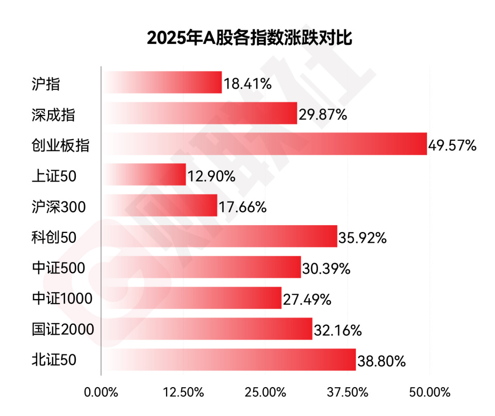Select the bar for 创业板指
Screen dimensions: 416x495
tap(265, 144)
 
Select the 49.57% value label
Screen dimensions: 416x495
tap(452, 146)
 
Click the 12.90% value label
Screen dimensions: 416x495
tap(211, 177)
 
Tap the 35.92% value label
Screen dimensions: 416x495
tap(362, 238)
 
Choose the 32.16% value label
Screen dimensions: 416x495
tap(337, 330)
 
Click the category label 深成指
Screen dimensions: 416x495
tap(53, 114)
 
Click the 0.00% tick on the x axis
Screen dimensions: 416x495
tap(101, 392)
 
